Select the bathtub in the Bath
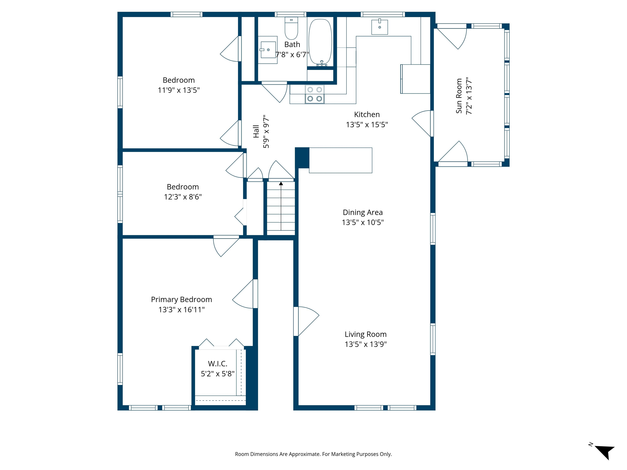click(x=320, y=42)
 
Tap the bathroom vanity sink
click(x=268, y=50)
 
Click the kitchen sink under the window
click(x=380, y=27)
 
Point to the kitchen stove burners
click(x=315, y=94)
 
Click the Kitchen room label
click(x=367, y=114)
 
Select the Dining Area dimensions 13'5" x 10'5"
click(x=363, y=222)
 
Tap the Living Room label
click(x=366, y=334)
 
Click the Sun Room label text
click(x=459, y=96)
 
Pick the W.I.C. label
click(x=218, y=364)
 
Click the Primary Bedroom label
click(x=181, y=299)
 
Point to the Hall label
click(x=256, y=131)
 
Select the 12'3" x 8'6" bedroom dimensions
click(x=183, y=197)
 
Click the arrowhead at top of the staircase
click(x=281, y=184)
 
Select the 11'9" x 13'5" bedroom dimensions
click(x=179, y=90)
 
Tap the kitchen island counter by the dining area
click(x=340, y=160)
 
